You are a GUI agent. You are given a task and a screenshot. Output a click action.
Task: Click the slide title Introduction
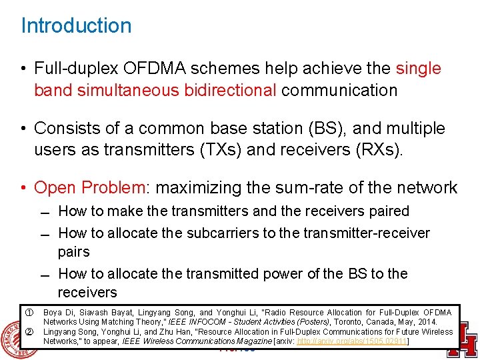pos(76,26)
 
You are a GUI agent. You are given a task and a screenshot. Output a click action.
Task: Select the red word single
pos(418,69)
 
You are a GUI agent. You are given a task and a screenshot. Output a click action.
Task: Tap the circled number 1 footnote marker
pos(29,312)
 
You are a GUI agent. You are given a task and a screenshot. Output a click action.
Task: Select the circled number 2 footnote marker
pos(29,331)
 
